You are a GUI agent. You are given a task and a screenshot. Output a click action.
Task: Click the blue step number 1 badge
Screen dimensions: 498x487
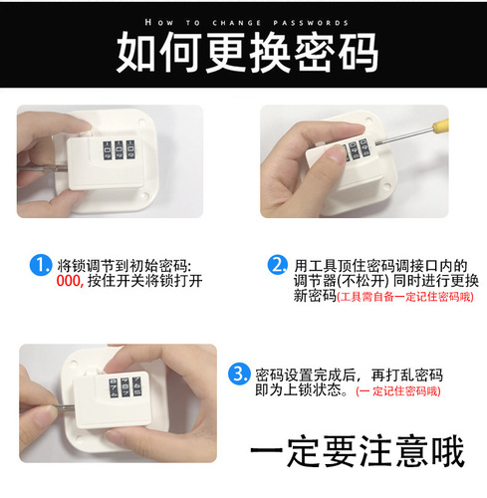(41, 266)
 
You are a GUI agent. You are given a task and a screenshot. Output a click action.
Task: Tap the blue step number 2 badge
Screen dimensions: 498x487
(279, 265)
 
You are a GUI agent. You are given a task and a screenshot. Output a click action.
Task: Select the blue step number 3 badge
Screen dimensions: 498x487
(239, 374)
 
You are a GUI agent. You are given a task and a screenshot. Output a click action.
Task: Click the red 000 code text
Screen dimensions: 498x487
(69, 282)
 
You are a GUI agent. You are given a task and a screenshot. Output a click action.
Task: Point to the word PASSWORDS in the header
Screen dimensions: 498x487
(314, 21)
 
